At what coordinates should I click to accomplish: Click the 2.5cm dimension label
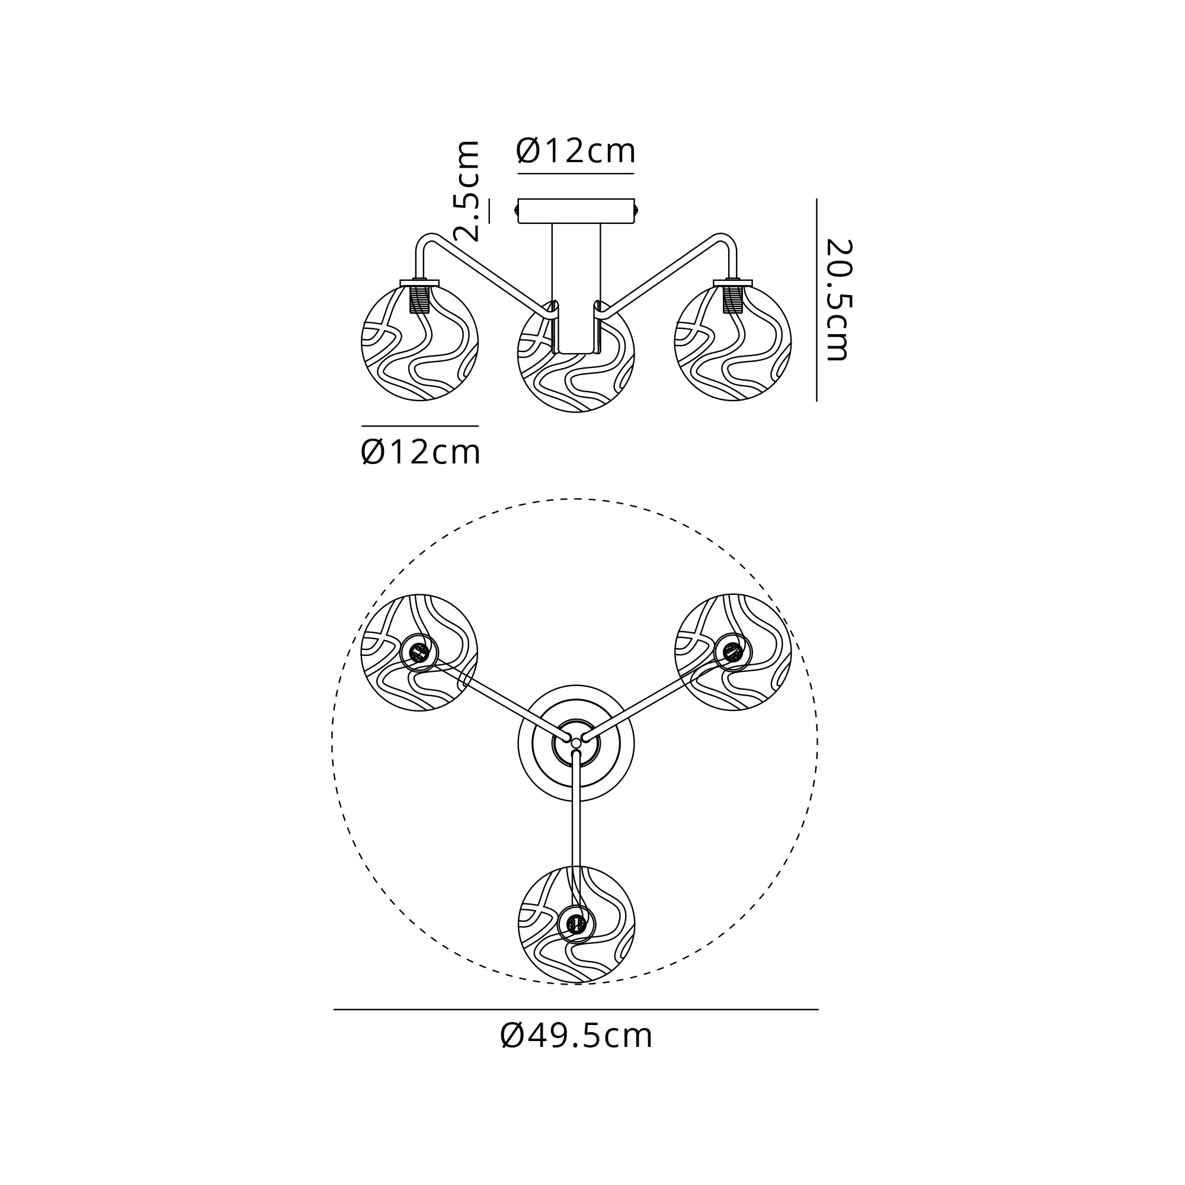466,191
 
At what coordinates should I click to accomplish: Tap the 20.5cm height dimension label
838,300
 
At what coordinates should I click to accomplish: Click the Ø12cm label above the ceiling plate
575,151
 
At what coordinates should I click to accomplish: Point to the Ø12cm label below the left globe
420,452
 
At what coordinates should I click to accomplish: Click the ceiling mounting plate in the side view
576,211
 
